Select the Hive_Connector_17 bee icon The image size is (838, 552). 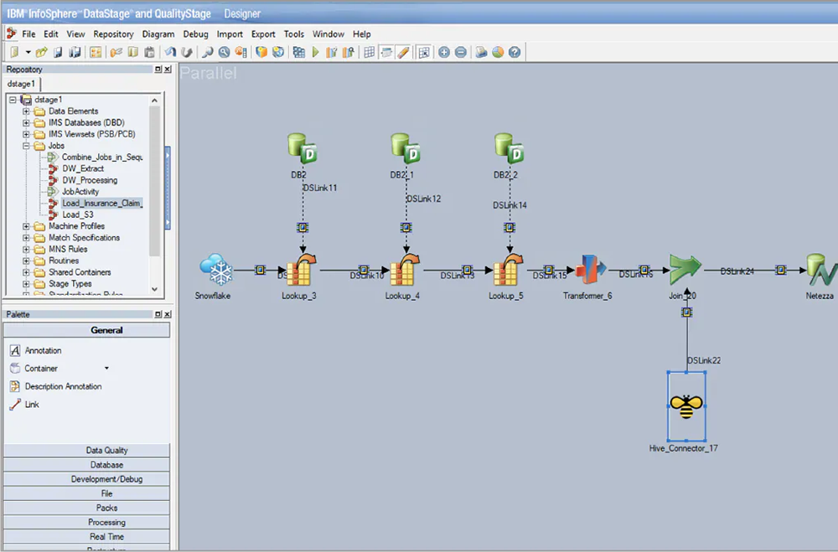[x=686, y=406]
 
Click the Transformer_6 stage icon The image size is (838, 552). [x=592, y=270]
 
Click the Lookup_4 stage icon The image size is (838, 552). [x=406, y=270]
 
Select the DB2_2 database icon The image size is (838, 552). [x=509, y=149]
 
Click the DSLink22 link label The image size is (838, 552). [x=704, y=360]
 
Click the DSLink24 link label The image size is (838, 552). [x=737, y=271]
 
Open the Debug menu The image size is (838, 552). [x=195, y=34]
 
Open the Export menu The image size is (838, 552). [x=263, y=34]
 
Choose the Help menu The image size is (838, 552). [x=361, y=34]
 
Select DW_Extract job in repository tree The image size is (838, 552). [x=83, y=168]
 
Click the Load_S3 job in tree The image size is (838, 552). [x=78, y=214]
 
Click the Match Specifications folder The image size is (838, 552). [x=84, y=238]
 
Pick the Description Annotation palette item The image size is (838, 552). [x=63, y=386]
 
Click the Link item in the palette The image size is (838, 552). [x=32, y=405]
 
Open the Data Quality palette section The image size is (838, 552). [x=106, y=451]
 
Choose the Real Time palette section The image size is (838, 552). [x=106, y=537]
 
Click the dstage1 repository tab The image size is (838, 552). [x=22, y=84]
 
